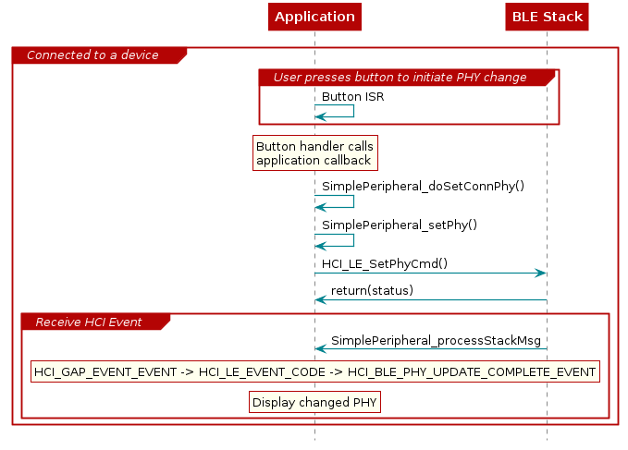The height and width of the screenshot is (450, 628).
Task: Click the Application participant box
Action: click(314, 17)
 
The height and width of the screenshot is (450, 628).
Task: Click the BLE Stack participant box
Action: click(547, 17)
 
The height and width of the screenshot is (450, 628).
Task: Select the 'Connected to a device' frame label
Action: click(92, 55)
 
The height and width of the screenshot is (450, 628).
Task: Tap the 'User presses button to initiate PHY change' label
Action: click(400, 77)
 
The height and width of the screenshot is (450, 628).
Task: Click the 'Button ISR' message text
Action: click(352, 96)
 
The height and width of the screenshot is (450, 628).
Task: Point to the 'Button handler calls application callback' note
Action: click(314, 153)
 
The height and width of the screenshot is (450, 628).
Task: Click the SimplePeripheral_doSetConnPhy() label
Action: click(423, 186)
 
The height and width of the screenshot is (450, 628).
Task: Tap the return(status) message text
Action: click(372, 290)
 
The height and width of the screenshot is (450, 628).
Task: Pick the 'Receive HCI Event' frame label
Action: click(88, 322)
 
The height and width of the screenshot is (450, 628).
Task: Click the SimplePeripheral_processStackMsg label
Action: click(436, 340)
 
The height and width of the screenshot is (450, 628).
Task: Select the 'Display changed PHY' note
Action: click(314, 402)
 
